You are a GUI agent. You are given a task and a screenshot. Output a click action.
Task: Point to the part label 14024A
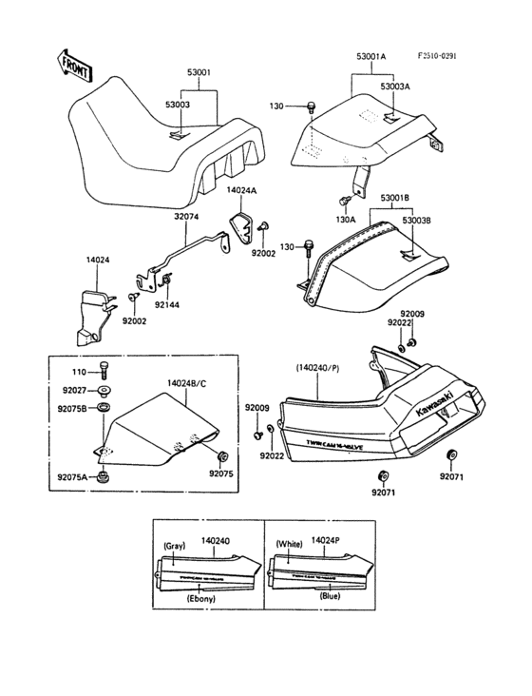pyautogui.click(x=241, y=190)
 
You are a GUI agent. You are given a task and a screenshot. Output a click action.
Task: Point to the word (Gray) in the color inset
pyautogui.click(x=175, y=546)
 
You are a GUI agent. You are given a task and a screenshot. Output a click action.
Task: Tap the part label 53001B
pyautogui.click(x=395, y=199)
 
